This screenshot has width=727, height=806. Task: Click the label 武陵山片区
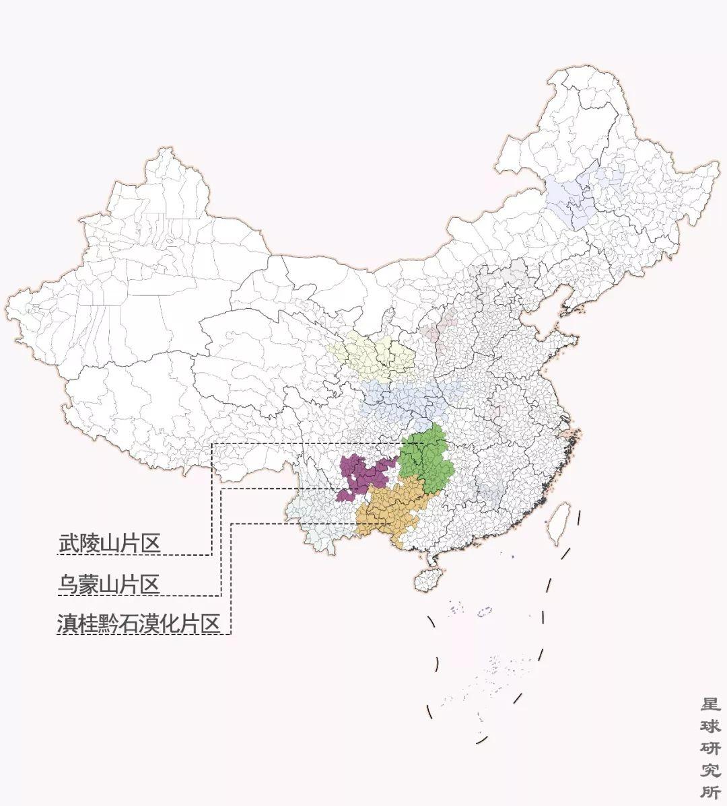(x=110, y=543)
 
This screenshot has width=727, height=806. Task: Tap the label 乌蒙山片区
(x=109, y=584)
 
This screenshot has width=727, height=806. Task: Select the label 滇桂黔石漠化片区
(x=139, y=624)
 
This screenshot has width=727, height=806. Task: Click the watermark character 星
(x=711, y=704)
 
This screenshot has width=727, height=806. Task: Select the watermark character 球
(x=711, y=726)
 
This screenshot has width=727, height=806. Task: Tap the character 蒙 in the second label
(x=89, y=584)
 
